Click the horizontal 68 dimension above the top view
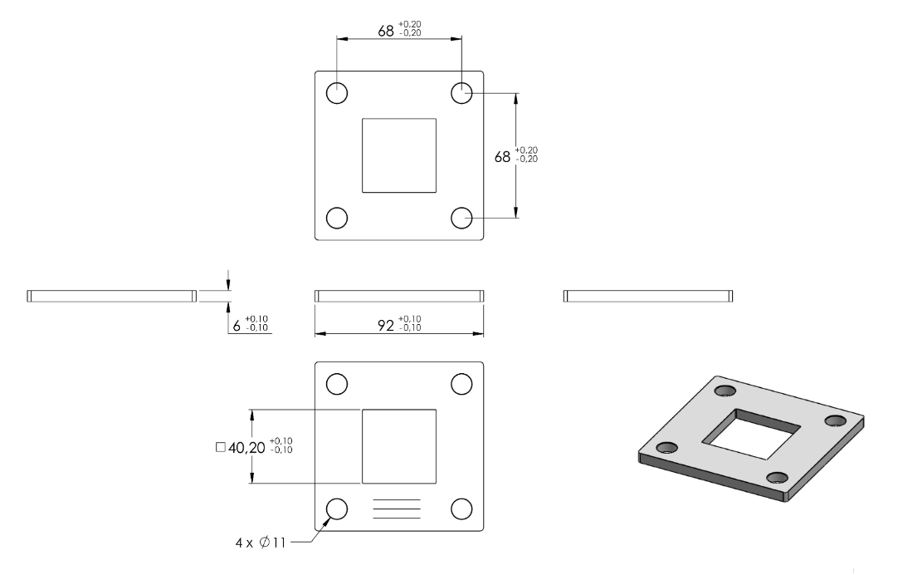(385, 31)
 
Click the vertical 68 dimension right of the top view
(502, 157)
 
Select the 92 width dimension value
(386, 326)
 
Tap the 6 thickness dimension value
(237, 327)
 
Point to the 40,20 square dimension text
(246, 448)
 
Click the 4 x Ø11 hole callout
(261, 543)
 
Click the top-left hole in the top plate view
(337, 93)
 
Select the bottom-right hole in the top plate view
(461, 218)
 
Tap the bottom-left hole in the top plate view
(337, 218)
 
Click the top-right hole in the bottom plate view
(461, 384)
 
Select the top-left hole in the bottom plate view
(337, 384)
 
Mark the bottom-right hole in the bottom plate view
(461, 509)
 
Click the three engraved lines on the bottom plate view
(397, 509)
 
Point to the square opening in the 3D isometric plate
(751, 434)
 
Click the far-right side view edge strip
(648, 296)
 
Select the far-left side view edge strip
(112, 296)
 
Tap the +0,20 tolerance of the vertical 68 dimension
(527, 150)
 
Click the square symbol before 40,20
(221, 447)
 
